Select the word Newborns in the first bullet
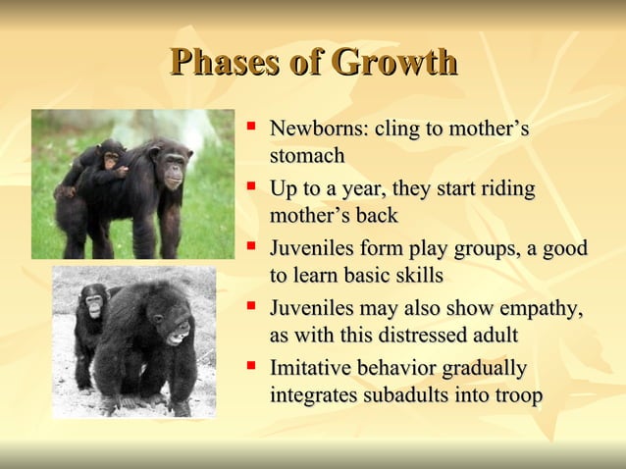(x=315, y=130)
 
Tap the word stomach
(x=307, y=155)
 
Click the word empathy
(x=541, y=309)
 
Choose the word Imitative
(x=311, y=369)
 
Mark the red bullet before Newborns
(x=252, y=127)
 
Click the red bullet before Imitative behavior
(x=252, y=366)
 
